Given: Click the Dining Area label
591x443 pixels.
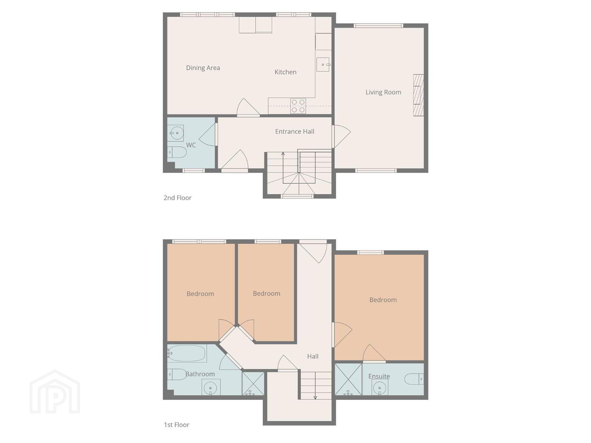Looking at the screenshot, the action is click(x=203, y=68).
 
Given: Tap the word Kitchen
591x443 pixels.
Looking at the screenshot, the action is click(x=285, y=72).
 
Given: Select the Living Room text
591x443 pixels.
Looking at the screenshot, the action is click(x=383, y=92).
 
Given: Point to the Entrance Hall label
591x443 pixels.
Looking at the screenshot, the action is click(x=295, y=132).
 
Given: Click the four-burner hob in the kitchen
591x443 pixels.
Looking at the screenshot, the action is click(x=298, y=106).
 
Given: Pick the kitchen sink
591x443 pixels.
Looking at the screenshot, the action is click(x=323, y=64).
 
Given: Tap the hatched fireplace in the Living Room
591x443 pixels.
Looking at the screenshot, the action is click(x=418, y=95).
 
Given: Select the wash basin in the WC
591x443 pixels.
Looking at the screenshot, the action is click(x=176, y=133).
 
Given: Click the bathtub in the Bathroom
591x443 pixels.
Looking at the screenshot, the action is click(x=187, y=353).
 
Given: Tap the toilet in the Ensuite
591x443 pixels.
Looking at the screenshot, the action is click(x=414, y=379).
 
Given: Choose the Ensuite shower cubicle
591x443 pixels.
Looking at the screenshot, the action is click(x=348, y=379).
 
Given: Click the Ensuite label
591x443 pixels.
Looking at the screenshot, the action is click(x=379, y=376).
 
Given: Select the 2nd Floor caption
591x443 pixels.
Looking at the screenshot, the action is click(x=177, y=198).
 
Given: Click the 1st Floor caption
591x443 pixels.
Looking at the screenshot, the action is click(x=176, y=425).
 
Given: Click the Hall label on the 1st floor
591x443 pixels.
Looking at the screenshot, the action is click(x=313, y=356).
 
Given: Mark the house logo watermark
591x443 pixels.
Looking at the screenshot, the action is click(x=55, y=392).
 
